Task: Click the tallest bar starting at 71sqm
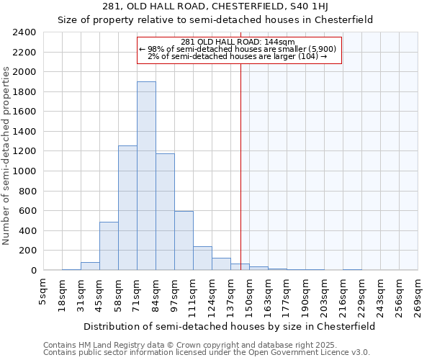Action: click(x=146, y=176)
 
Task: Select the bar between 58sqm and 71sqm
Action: click(x=127, y=208)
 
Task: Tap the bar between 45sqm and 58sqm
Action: click(x=109, y=246)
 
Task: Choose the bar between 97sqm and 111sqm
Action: click(x=184, y=240)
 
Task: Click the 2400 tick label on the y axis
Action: click(x=25, y=32)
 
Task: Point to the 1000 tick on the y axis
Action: click(x=25, y=171)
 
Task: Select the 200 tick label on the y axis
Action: click(x=28, y=251)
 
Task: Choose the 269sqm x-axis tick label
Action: click(x=418, y=295)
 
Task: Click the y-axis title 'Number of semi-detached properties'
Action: click(x=8, y=156)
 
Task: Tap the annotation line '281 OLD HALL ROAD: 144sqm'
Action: click(x=238, y=42)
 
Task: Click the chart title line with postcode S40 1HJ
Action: click(x=216, y=6)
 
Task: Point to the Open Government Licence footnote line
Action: click(x=206, y=353)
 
